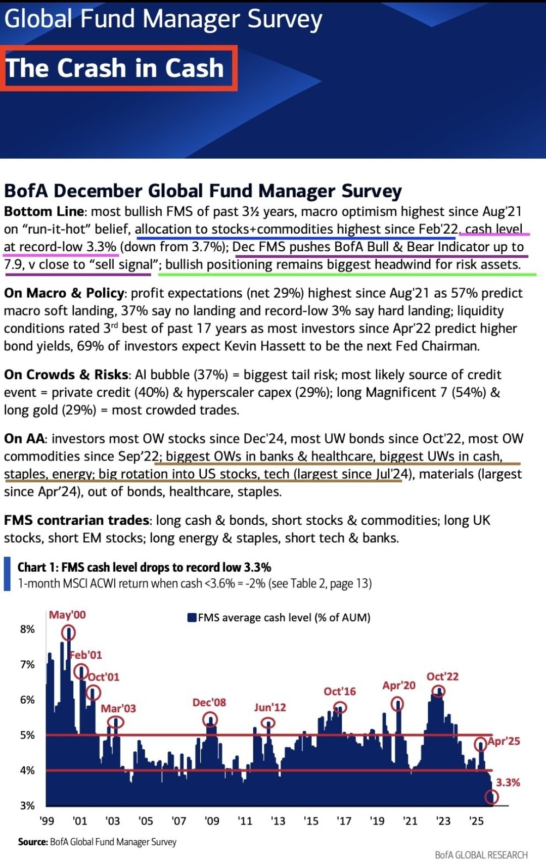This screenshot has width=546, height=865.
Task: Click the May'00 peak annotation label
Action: point(67,615)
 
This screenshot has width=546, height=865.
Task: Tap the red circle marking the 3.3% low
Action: point(491,797)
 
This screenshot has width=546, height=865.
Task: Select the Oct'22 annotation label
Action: point(442,676)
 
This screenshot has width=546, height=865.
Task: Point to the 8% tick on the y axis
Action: point(27,629)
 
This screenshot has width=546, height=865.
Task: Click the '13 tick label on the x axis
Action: point(278,821)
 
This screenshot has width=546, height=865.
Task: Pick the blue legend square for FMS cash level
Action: point(192,618)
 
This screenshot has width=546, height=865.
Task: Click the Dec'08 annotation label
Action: point(209,702)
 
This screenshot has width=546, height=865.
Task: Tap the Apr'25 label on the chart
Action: point(504,741)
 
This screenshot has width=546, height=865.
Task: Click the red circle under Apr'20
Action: point(397,704)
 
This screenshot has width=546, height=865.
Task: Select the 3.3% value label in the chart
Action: point(508,783)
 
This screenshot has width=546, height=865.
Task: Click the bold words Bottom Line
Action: point(43,211)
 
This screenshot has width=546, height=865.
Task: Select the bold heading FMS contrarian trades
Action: point(76,520)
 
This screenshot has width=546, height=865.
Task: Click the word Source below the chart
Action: point(32,842)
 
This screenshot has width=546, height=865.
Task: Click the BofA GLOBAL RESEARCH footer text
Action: point(481,855)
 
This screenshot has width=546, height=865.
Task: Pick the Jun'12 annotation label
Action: point(269,707)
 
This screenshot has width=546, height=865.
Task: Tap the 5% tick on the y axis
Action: point(27,735)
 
